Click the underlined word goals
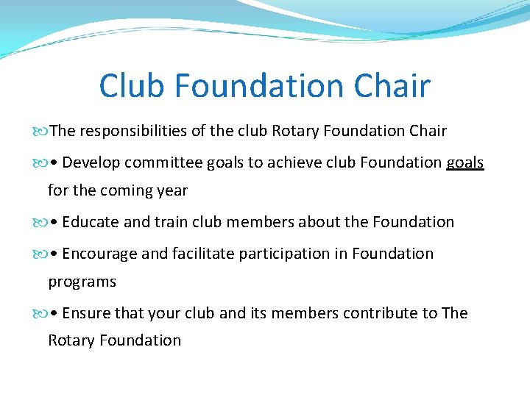pos(464,162)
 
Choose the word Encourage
pos(99,254)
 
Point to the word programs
pos(82,282)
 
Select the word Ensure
pos(85,313)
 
